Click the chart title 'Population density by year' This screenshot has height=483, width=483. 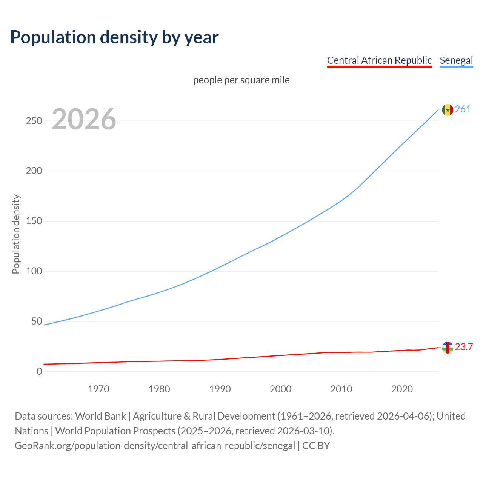[x=114, y=37]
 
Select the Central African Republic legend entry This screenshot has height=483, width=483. [x=379, y=60]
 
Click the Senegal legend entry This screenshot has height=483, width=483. [x=456, y=60]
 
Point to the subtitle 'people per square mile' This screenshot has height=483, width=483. [x=241, y=80]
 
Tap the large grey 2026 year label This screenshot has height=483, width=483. [x=84, y=119]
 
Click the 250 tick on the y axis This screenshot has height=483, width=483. [x=34, y=121]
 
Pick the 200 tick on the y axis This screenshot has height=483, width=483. [x=34, y=171]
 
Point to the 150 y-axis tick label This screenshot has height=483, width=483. [x=34, y=221]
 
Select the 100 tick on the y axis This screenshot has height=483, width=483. [x=34, y=271]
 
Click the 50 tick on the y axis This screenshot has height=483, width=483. [x=37, y=321]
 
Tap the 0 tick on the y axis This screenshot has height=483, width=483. [x=39, y=372]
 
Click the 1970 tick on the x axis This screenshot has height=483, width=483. [x=98, y=389]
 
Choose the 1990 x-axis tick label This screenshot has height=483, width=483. [x=220, y=389]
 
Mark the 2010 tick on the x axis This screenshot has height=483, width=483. [x=341, y=389]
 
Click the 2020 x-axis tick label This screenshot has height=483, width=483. [x=402, y=389]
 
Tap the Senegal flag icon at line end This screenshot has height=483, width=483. [x=448, y=110]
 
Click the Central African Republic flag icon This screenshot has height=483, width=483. [x=448, y=348]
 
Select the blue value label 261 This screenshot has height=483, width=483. [x=463, y=109]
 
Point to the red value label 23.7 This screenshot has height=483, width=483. [x=464, y=347]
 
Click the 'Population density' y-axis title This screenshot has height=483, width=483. [x=16, y=234]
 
